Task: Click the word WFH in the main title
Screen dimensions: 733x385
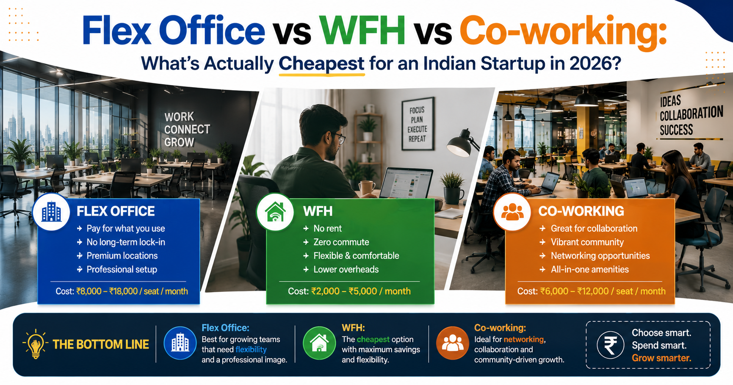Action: (x=362, y=30)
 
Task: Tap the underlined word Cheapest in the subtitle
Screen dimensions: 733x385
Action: (x=321, y=64)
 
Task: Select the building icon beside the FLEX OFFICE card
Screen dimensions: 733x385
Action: (x=52, y=212)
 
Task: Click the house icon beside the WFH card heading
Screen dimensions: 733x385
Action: (x=275, y=212)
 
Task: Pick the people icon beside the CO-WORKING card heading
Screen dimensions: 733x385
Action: (x=512, y=212)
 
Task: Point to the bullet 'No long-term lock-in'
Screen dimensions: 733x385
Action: (x=126, y=242)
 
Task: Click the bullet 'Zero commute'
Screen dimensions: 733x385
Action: (x=341, y=242)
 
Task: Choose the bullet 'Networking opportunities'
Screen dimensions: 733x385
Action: (x=600, y=256)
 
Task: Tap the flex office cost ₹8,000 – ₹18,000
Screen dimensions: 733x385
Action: (x=107, y=291)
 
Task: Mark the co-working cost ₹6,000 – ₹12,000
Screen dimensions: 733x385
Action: (x=575, y=291)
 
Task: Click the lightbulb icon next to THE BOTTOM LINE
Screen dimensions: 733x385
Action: (x=35, y=344)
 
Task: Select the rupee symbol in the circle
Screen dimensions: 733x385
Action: (x=610, y=345)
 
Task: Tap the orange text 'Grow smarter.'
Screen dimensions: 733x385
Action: (x=661, y=358)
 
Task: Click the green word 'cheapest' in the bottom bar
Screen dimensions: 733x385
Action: (x=373, y=339)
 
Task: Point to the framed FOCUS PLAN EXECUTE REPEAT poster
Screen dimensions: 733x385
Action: (x=418, y=124)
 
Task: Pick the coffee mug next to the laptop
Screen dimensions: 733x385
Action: (x=366, y=188)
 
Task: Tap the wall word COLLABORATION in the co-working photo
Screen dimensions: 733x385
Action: (x=692, y=114)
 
